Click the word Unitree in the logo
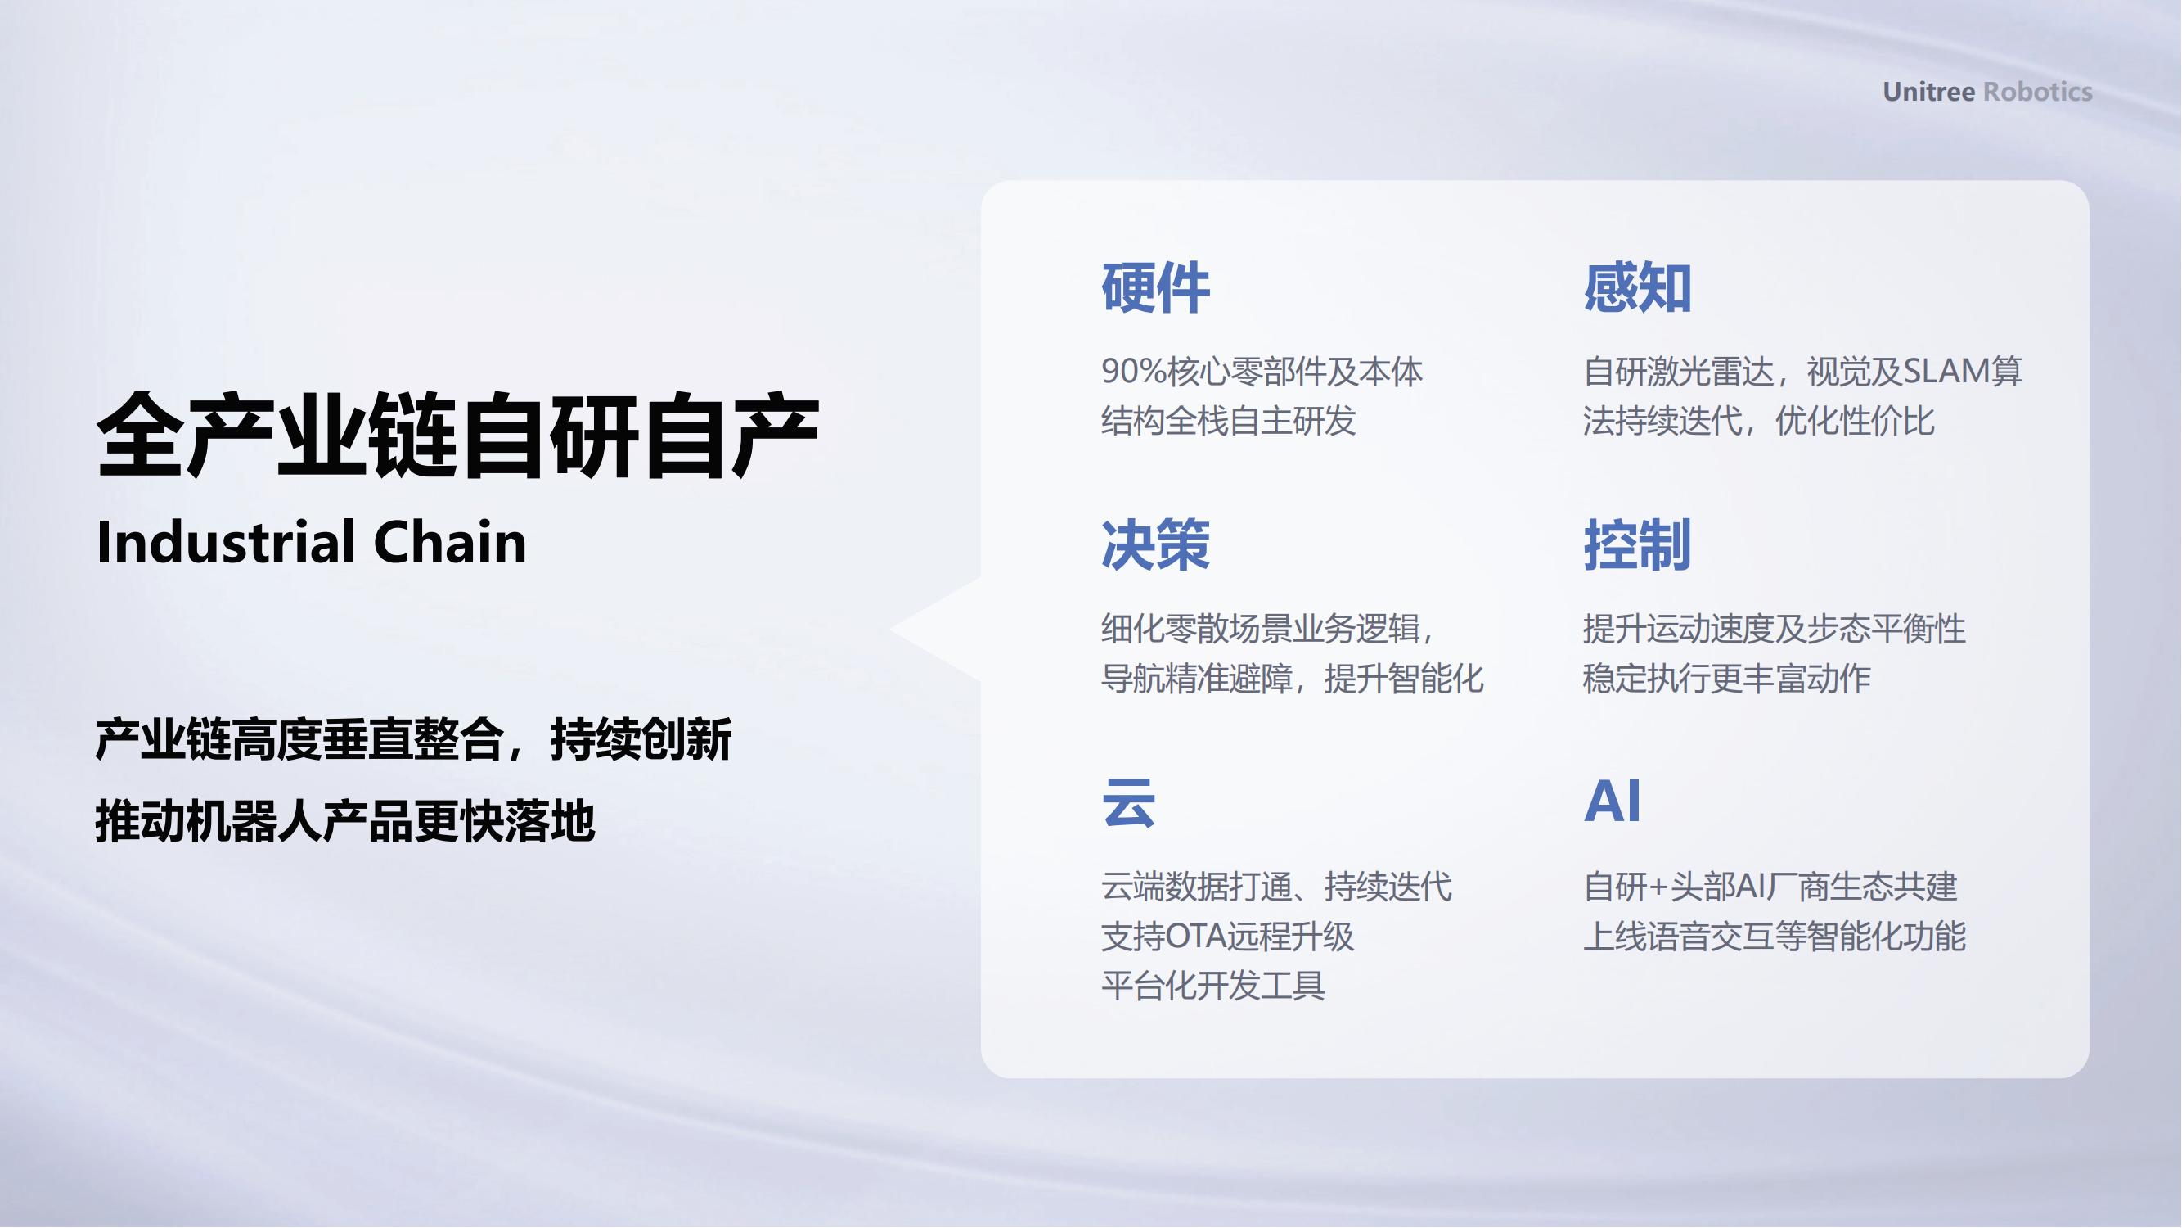coord(1928,92)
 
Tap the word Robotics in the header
coord(2038,92)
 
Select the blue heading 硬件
coord(1155,288)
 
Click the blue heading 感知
coord(1637,288)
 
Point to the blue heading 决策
coord(1155,545)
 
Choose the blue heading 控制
coord(1637,545)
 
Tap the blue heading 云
coord(1128,801)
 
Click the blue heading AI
coord(1612,801)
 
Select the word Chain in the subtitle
coord(450,543)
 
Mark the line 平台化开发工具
coord(1213,986)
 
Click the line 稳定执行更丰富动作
coord(1727,679)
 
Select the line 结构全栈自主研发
coord(1228,421)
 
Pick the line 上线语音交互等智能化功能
coord(1775,937)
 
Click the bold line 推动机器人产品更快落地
coord(345,821)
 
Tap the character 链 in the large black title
coord(414,436)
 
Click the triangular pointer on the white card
coord(940,629)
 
